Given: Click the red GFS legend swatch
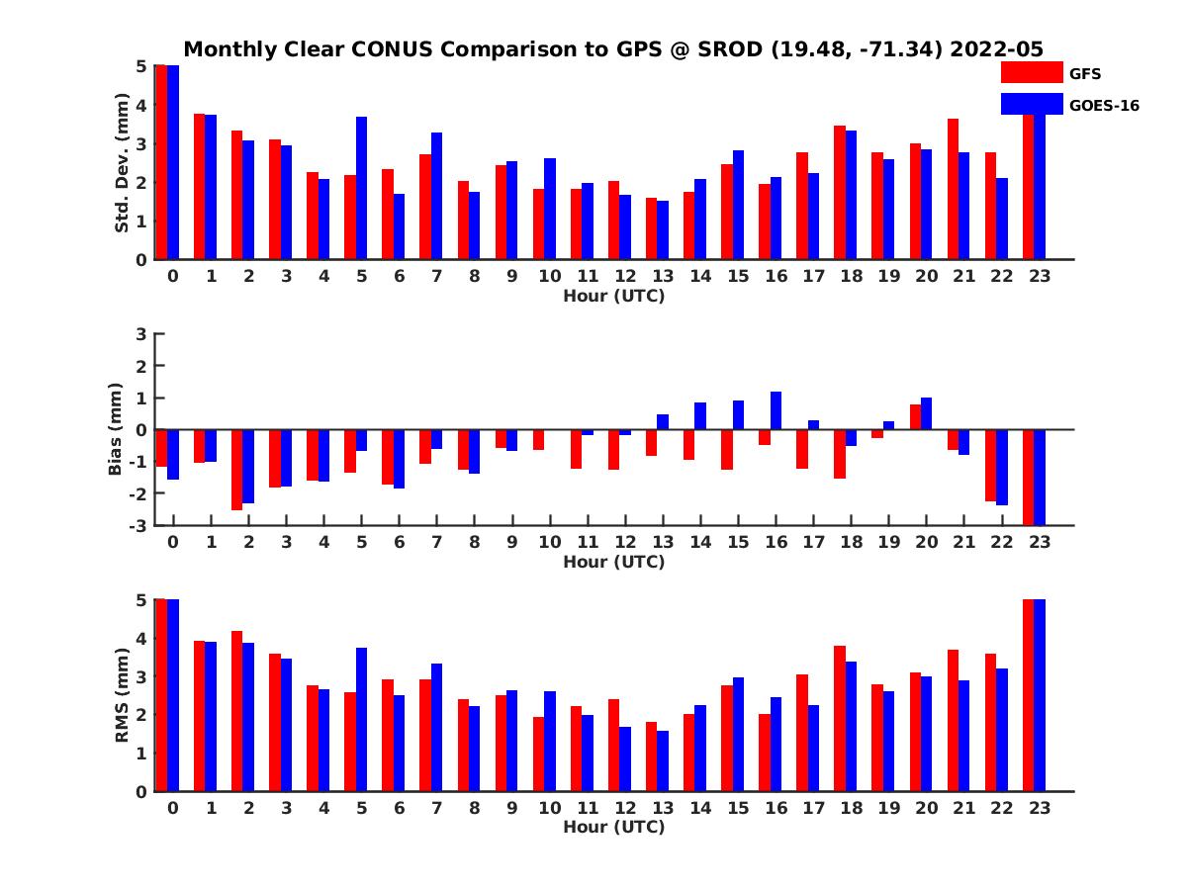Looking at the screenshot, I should [1032, 73].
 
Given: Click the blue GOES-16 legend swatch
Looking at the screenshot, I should [1032, 104].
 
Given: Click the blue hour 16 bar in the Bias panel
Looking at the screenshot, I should [776, 410].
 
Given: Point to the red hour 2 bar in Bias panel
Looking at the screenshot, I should [237, 470].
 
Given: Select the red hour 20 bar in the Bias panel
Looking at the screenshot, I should [915, 417].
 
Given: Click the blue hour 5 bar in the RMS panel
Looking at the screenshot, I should [361, 719].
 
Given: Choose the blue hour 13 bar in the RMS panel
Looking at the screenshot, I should [662, 760].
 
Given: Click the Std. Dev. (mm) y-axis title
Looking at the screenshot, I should [122, 163].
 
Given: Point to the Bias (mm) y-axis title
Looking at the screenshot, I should [116, 430].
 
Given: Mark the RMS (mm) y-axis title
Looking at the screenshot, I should [122, 696].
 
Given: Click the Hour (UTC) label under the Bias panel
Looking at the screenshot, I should [613, 562].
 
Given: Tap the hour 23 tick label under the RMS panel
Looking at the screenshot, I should [1039, 807].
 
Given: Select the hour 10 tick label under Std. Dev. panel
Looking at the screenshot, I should [549, 276].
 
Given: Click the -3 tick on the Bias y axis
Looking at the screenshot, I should [137, 525].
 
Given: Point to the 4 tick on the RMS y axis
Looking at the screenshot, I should [140, 638].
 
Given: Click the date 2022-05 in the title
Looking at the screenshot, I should [996, 49].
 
